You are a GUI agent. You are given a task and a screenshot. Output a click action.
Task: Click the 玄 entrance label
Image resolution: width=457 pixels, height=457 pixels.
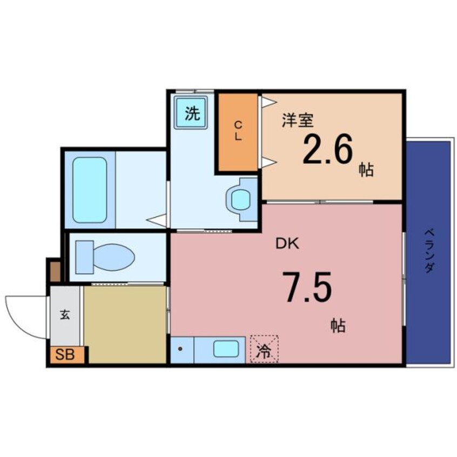pyautogui.click(x=65, y=314)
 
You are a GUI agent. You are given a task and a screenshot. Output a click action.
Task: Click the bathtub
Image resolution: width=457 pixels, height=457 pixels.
pyautogui.click(x=89, y=189)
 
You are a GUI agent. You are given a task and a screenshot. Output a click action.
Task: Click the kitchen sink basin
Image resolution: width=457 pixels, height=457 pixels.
pyautogui.click(x=225, y=349)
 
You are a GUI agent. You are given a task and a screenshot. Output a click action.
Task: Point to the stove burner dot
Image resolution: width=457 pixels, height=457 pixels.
pyautogui.click(x=180, y=349)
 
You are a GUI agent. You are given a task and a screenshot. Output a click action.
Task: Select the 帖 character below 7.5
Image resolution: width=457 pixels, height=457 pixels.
pyautogui.click(x=338, y=326)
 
